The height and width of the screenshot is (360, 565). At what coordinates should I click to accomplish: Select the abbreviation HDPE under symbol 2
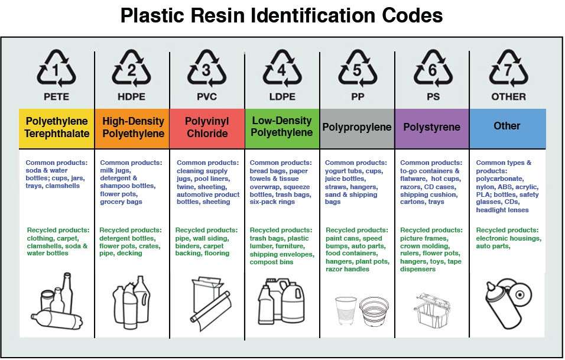click(x=132, y=96)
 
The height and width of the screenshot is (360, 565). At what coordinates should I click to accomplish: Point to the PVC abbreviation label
click(x=207, y=96)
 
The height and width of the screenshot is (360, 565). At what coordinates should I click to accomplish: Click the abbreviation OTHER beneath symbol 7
click(x=508, y=96)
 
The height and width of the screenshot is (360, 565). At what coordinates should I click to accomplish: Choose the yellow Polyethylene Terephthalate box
click(x=57, y=128)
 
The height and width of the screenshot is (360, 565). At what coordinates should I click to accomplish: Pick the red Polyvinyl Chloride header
click(x=207, y=128)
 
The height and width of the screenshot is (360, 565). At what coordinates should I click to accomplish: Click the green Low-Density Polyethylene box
click(x=282, y=128)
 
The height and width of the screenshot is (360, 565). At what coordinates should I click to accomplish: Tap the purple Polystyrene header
click(x=432, y=128)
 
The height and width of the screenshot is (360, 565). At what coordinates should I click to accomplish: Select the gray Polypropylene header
click(x=357, y=128)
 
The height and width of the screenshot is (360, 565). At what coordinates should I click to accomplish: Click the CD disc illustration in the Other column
click(x=520, y=294)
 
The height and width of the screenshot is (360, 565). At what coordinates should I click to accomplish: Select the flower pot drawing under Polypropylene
click(x=374, y=311)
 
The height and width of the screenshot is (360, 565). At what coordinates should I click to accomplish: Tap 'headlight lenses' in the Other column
click(x=502, y=210)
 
